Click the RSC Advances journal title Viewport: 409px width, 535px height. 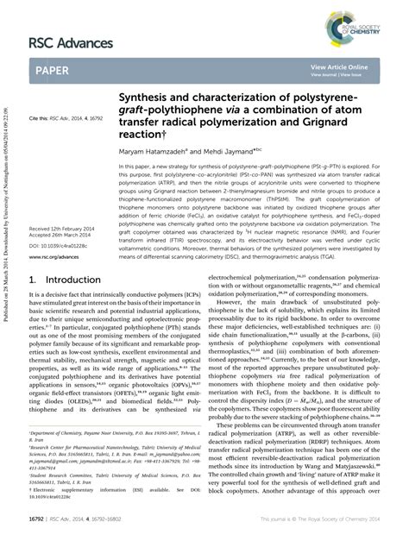[72, 43]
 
